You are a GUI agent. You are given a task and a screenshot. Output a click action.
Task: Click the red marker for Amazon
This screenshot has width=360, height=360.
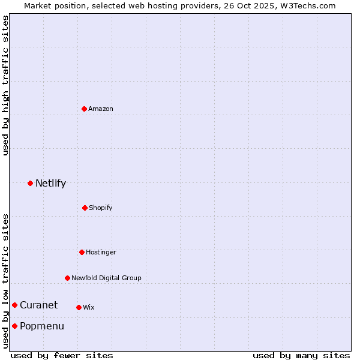[84, 109]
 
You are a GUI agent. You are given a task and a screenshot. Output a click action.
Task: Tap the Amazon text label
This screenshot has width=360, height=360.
[101, 109]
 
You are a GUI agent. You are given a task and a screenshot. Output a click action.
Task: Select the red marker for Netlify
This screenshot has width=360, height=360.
[30, 183]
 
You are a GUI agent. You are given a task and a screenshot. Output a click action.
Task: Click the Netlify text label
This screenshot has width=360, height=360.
[50, 183]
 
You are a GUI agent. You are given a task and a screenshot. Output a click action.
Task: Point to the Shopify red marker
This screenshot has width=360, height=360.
[85, 208]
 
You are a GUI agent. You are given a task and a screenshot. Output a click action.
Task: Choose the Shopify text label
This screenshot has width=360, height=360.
[101, 208]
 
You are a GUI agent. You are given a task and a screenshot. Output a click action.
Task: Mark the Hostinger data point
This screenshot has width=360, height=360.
[82, 252]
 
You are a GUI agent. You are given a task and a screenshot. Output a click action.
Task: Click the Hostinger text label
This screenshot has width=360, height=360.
[101, 252]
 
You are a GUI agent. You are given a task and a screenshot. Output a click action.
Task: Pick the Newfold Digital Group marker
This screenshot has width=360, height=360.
[67, 278]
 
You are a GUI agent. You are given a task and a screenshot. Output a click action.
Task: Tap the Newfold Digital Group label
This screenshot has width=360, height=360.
[106, 278]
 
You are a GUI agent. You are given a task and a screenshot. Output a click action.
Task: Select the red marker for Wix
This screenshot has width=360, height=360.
[79, 307]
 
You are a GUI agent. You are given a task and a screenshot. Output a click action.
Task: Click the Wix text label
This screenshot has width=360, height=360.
[89, 307]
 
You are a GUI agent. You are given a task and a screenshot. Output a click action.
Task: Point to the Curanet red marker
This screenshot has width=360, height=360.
[14, 305]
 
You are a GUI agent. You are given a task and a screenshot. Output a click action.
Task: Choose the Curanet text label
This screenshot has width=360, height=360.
[38, 305]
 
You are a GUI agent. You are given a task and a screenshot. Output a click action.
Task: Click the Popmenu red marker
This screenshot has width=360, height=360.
[14, 326]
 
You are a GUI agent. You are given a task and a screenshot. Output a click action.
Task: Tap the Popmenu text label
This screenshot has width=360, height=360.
[41, 326]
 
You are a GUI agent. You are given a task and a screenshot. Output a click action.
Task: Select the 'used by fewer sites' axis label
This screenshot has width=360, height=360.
[62, 355]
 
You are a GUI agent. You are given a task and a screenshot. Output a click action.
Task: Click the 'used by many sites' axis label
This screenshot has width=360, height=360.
[301, 355]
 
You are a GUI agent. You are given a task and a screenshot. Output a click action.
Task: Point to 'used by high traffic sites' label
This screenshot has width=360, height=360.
[5, 86]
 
